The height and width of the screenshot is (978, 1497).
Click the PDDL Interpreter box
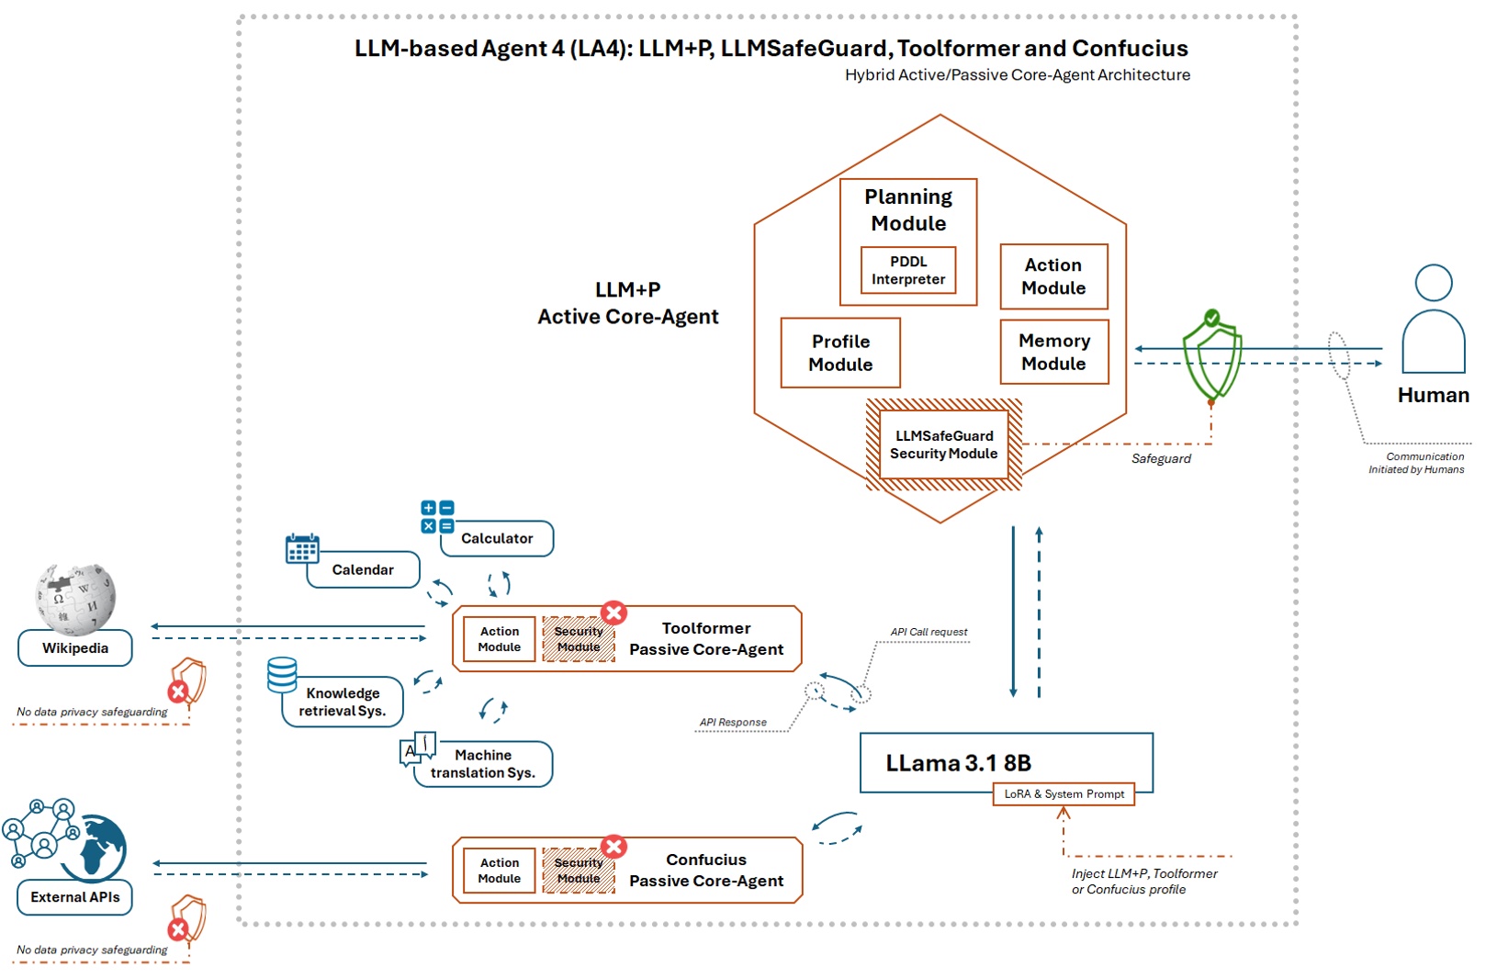coord(907,270)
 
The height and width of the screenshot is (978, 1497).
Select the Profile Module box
coord(840,353)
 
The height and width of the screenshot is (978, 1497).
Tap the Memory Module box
coord(1053,352)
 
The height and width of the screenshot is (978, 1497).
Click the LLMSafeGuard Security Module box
coord(943,445)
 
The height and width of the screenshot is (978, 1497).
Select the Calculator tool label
coord(497,539)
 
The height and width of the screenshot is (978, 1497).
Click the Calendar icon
coord(302,549)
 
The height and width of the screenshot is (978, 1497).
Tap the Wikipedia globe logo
coord(75,599)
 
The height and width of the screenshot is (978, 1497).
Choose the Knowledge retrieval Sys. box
coord(343,703)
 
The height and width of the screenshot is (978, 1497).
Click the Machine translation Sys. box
coord(483,764)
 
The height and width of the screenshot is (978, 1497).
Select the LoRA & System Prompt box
coord(1064,794)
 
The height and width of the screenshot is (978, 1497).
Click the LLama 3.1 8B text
coord(958,763)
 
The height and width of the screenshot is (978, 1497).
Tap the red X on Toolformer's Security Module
coord(613,613)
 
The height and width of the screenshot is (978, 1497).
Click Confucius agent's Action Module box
coord(499,871)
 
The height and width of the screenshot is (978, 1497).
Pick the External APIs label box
coord(75,897)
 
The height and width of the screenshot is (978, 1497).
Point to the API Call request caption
coord(929,632)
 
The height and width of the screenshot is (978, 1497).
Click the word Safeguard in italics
coord(1161,459)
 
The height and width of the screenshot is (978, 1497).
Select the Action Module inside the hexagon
coord(1053,276)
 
